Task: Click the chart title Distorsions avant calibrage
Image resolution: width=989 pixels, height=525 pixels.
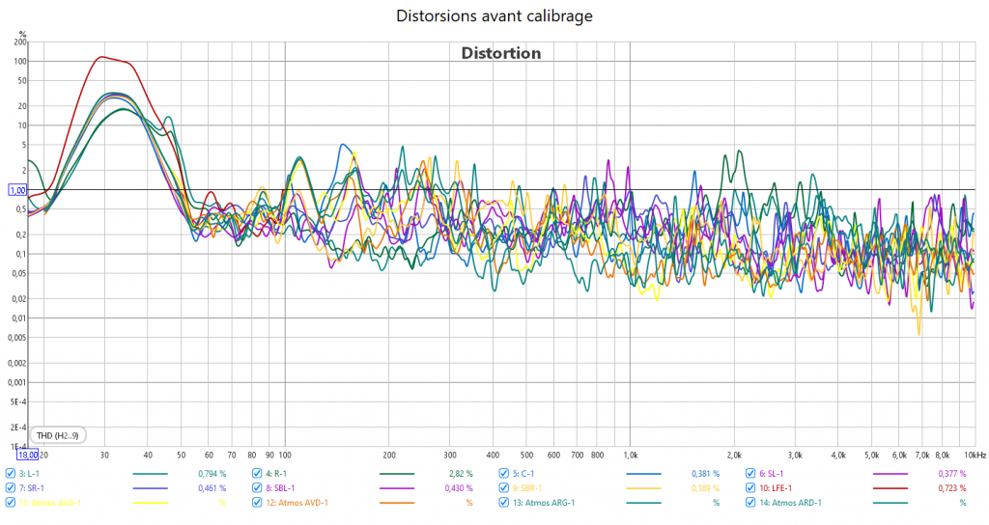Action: click(494, 16)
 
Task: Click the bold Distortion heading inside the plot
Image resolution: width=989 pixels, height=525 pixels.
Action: click(500, 53)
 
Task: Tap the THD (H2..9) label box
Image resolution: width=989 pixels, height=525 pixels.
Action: click(58, 434)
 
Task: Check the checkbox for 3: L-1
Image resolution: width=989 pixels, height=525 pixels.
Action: click(11, 474)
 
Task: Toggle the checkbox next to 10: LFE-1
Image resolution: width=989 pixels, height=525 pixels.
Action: click(751, 488)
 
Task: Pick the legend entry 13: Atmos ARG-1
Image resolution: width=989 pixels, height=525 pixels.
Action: click(544, 503)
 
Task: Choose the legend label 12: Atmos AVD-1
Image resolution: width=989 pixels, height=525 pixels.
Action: click(297, 503)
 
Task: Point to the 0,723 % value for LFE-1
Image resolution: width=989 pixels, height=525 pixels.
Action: click(951, 488)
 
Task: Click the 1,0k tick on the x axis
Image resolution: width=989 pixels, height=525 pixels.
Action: click(630, 454)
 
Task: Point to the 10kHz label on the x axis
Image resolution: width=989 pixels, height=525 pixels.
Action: click(974, 454)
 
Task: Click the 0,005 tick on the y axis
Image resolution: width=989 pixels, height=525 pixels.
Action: click(16, 338)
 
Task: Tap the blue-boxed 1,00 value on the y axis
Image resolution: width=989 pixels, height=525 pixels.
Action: click(16, 191)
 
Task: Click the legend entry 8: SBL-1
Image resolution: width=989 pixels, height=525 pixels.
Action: click(283, 488)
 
